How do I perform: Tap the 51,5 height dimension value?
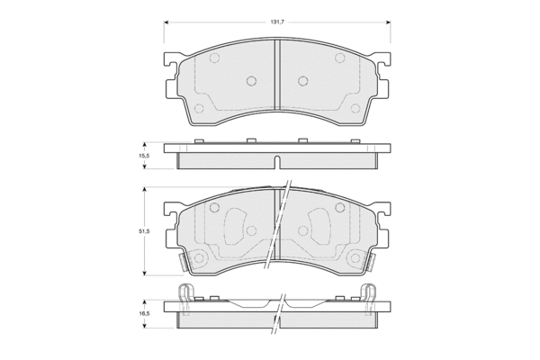[x=144, y=231]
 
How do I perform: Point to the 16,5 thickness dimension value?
[x=145, y=314]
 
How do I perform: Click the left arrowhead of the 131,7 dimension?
[x=166, y=22]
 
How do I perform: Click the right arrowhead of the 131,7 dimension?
[x=388, y=22]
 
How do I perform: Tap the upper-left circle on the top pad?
[x=214, y=58]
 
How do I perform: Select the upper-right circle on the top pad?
[x=340, y=58]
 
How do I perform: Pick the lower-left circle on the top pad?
[x=199, y=109]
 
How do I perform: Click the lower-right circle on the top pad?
[x=355, y=109]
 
